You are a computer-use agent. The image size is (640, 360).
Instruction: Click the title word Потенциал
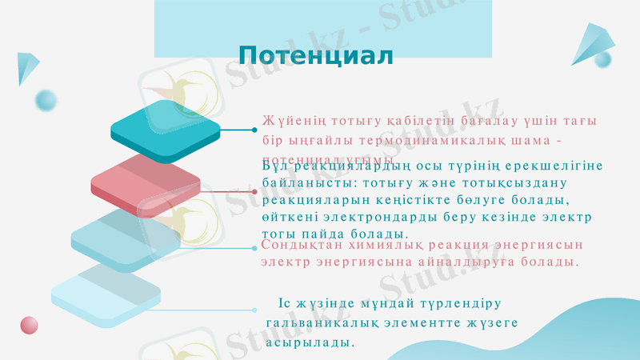pos(316,56)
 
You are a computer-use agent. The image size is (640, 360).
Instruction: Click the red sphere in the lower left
pos(30,325)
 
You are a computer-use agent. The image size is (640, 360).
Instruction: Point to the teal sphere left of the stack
pos(46,100)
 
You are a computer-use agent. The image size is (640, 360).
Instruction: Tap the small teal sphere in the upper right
pos(603,58)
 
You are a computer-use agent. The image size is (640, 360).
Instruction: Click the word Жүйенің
pos(289,122)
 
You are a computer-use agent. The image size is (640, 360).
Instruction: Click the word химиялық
pos(389,245)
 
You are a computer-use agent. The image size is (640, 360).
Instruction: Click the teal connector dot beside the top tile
pos(254,129)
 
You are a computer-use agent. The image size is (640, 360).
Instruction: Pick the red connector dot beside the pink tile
pos(254,192)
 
